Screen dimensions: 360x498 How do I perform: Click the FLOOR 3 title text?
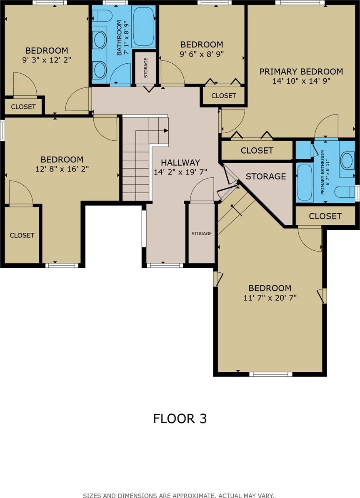pos(180,418)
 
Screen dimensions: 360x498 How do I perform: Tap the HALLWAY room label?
pos(180,163)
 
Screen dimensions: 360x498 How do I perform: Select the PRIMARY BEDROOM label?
pos(301,72)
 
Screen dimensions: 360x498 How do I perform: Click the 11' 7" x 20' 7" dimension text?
pos(270,298)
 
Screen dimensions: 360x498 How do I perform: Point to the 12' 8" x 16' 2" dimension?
pos(62,169)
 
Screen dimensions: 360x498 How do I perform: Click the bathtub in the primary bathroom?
pos(305,182)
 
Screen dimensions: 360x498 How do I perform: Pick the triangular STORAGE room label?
pos(266,176)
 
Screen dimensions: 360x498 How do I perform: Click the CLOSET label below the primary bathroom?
pos(325,216)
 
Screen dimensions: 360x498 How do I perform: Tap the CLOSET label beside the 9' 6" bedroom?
pos(224,96)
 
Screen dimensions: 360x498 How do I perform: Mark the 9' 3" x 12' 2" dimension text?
pos(47,60)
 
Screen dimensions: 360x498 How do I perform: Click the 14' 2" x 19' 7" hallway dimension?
pos(180,172)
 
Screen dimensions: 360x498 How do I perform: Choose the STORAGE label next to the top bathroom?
pos(146,67)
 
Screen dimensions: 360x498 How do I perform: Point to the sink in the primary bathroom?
pos(347,160)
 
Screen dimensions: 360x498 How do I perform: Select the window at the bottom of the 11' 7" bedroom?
pos(270,374)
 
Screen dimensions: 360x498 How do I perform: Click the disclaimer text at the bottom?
pos(178,495)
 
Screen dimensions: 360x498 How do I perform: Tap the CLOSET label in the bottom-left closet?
pos(22,235)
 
